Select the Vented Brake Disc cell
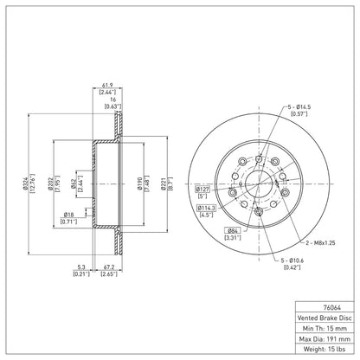click(325, 318)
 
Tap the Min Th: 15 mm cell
click(325, 328)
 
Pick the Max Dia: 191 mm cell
click(325, 338)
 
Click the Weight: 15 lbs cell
click(325, 349)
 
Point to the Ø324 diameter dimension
click(26, 183)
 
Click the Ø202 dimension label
click(50, 183)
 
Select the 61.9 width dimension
click(107, 86)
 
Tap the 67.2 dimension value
click(109, 267)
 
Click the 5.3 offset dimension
click(81, 267)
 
